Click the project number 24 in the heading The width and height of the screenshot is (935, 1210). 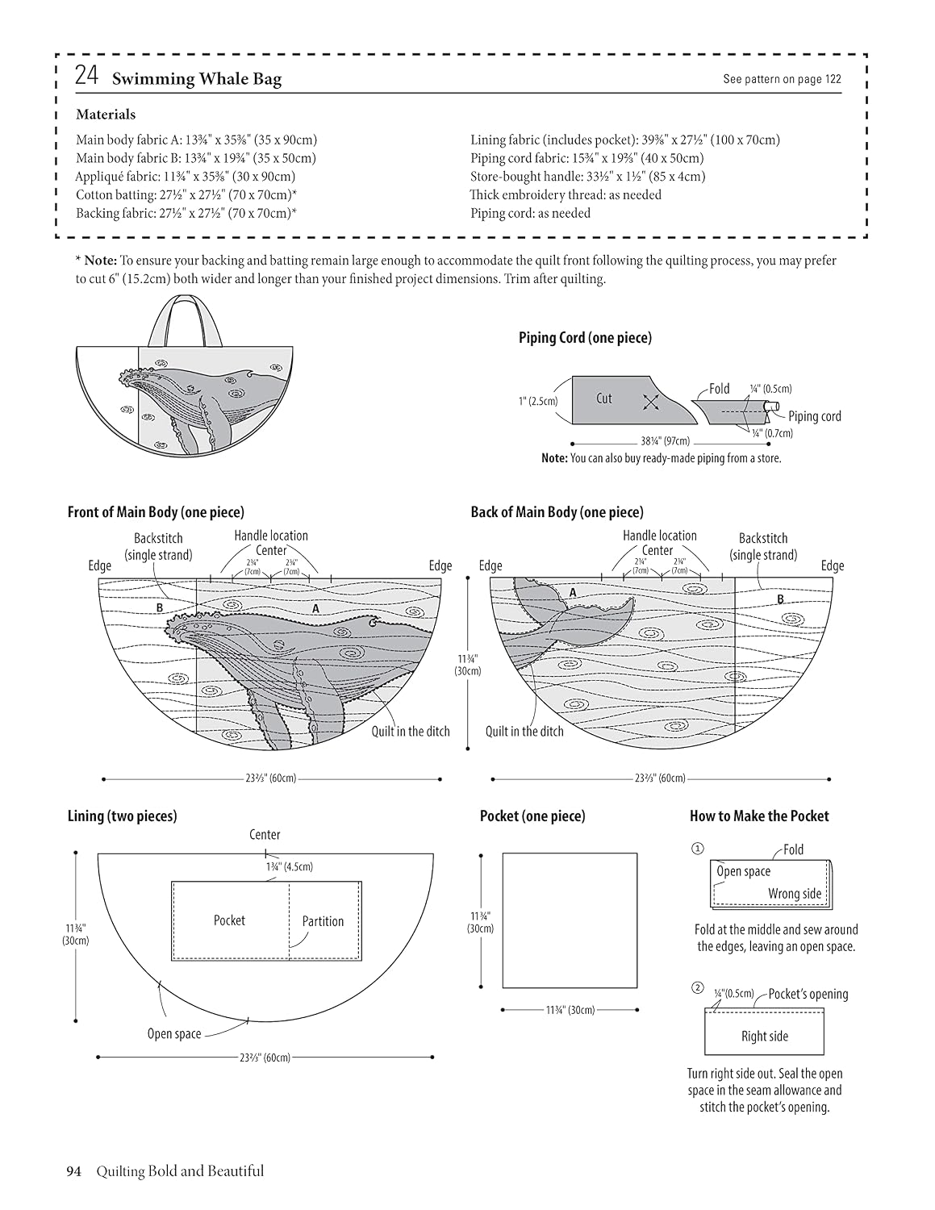tap(87, 76)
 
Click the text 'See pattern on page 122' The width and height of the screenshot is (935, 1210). tap(782, 79)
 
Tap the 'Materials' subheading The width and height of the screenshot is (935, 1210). tap(106, 115)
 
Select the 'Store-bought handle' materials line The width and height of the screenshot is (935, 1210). tap(587, 177)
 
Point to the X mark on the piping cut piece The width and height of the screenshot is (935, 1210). tap(650, 402)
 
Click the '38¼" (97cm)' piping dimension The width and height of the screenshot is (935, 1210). tap(665, 441)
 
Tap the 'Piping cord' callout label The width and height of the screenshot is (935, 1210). tap(815, 416)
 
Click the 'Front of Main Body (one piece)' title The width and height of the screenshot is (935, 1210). tap(156, 511)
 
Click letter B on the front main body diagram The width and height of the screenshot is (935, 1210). tap(160, 607)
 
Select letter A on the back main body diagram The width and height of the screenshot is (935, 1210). tap(573, 593)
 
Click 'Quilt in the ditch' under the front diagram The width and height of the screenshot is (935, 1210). tap(411, 731)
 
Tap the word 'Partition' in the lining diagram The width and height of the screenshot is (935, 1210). tap(323, 921)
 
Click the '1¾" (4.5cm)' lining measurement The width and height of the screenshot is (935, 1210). tap(290, 867)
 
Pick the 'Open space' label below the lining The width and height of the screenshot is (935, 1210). tap(174, 1033)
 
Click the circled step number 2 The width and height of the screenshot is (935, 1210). tap(697, 988)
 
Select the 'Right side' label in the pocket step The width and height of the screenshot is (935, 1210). tap(765, 1037)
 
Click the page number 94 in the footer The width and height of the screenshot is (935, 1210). tap(74, 1171)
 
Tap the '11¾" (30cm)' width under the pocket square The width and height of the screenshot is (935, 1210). tap(570, 1009)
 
